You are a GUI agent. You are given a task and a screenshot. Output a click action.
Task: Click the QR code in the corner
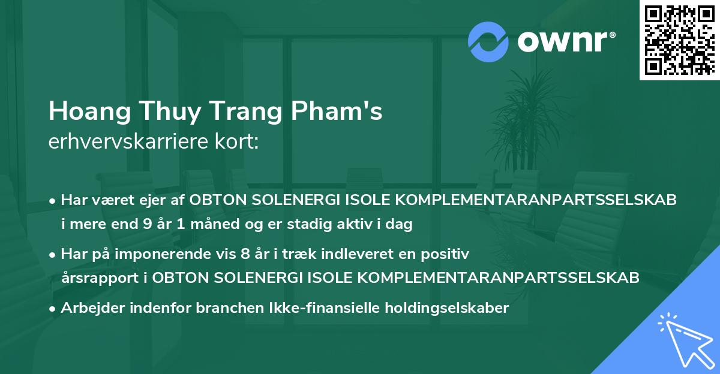tap(679, 40)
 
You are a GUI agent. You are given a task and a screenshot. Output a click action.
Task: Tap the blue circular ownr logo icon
tap(488, 41)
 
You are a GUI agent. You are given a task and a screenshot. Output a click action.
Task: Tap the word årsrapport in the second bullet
tap(97, 278)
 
